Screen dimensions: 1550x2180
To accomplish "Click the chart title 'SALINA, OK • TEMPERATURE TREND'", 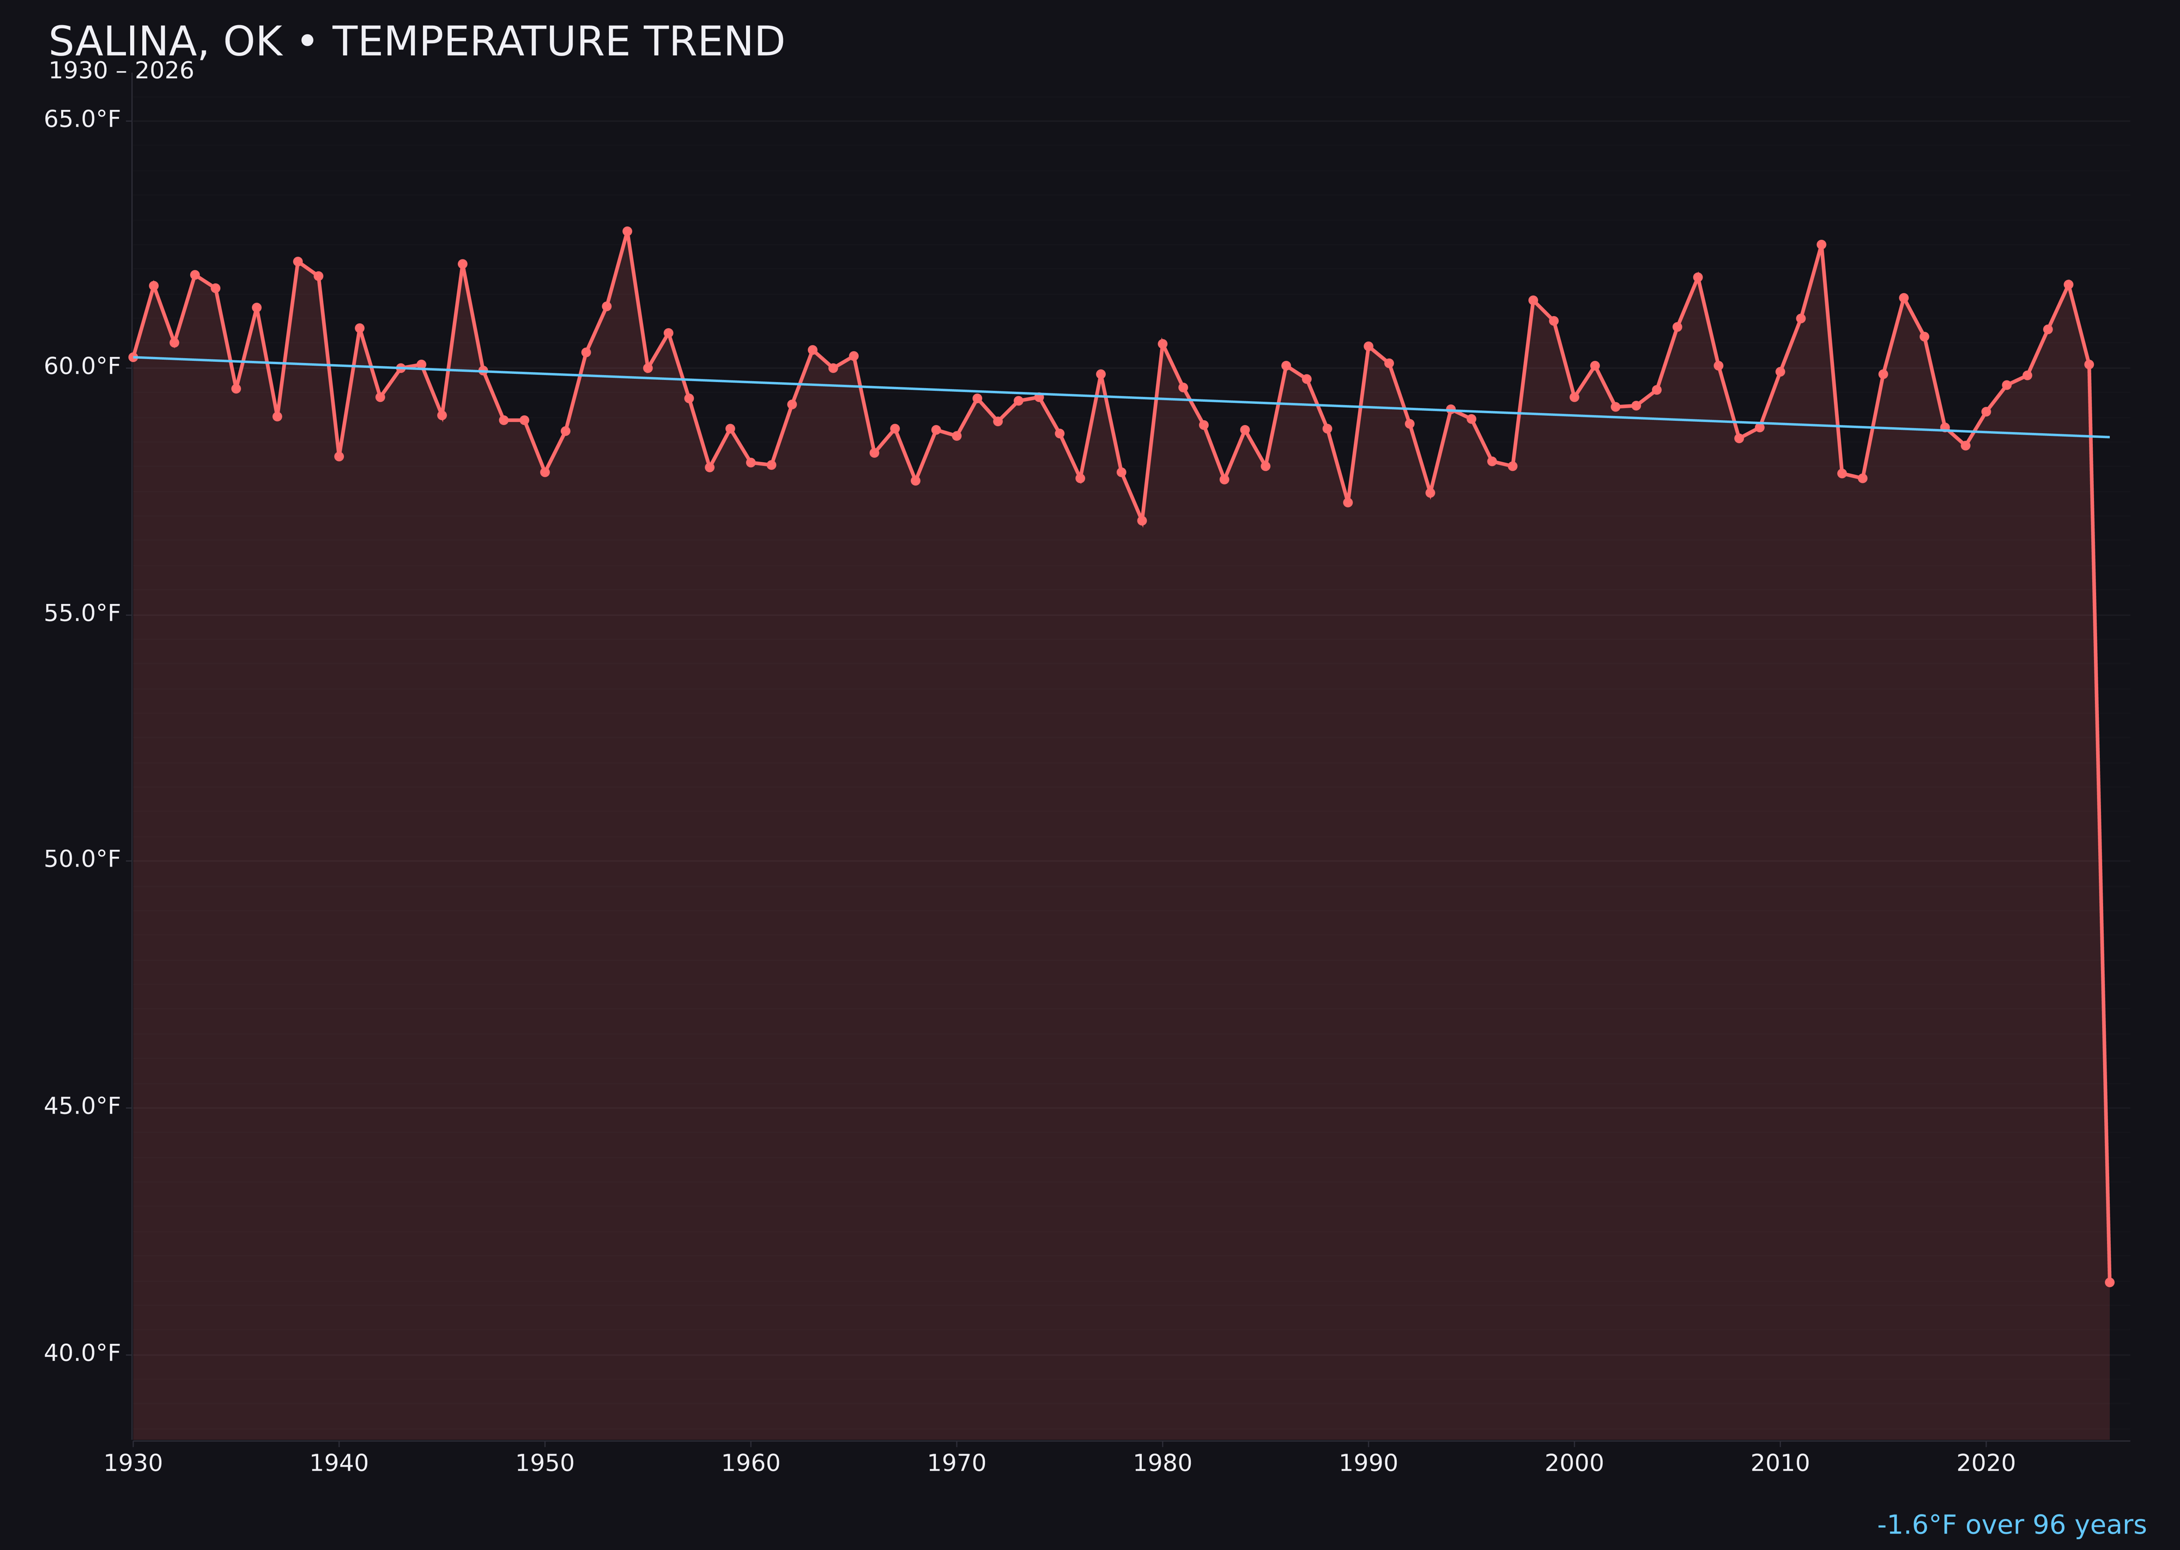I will (416, 42).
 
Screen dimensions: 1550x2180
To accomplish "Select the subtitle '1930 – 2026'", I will (121, 71).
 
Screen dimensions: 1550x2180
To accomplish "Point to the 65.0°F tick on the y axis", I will (82, 119).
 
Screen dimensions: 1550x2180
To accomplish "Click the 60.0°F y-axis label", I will (82, 366).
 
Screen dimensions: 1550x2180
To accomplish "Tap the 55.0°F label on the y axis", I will (82, 613).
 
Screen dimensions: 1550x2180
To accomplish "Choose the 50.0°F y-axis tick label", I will (82, 859).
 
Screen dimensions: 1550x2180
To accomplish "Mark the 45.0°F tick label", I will (82, 1106).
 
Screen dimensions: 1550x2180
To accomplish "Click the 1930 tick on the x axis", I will (132, 1463).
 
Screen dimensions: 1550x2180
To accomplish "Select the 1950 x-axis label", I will (545, 1463).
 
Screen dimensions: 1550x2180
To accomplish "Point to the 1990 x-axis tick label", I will (1368, 1463).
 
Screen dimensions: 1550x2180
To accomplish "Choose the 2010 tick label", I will (1780, 1463).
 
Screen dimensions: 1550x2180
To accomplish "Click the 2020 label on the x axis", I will (1986, 1463).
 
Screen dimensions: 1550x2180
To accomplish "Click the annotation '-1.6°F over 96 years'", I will (2011, 1525).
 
